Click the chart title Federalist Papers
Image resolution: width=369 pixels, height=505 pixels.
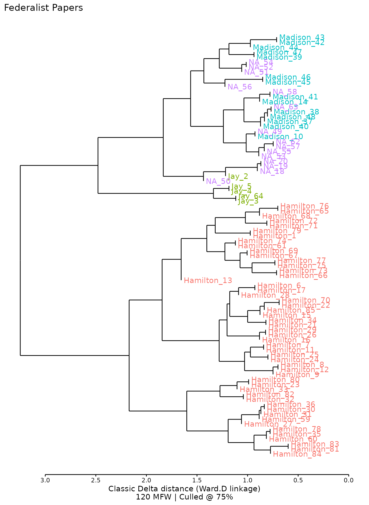click(43, 8)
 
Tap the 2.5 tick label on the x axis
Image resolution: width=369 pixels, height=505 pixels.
click(96, 481)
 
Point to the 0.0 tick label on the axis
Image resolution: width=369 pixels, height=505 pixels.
click(348, 481)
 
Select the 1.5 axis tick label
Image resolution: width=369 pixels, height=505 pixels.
click(197, 481)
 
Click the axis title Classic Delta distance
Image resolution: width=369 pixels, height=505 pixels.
click(184, 489)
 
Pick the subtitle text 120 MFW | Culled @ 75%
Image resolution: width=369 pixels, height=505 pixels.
click(184, 497)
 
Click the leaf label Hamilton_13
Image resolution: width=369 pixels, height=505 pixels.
click(208, 281)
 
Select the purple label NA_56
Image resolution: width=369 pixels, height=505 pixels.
click(240, 87)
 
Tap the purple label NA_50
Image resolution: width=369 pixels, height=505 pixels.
click(218, 181)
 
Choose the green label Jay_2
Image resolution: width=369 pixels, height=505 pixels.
click(238, 176)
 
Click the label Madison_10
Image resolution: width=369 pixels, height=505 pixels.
click(280, 137)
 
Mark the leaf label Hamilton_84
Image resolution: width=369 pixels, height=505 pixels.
click(297, 454)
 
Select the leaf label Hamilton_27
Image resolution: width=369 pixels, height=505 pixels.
click(268, 424)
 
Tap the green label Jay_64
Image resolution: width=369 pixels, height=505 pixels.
click(251, 196)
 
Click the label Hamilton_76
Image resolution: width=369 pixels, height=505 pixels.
click(304, 206)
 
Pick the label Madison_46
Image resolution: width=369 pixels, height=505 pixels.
click(288, 77)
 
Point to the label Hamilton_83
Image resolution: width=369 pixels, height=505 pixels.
click(315, 444)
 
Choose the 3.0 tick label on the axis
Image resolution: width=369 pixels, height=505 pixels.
click(45, 481)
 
